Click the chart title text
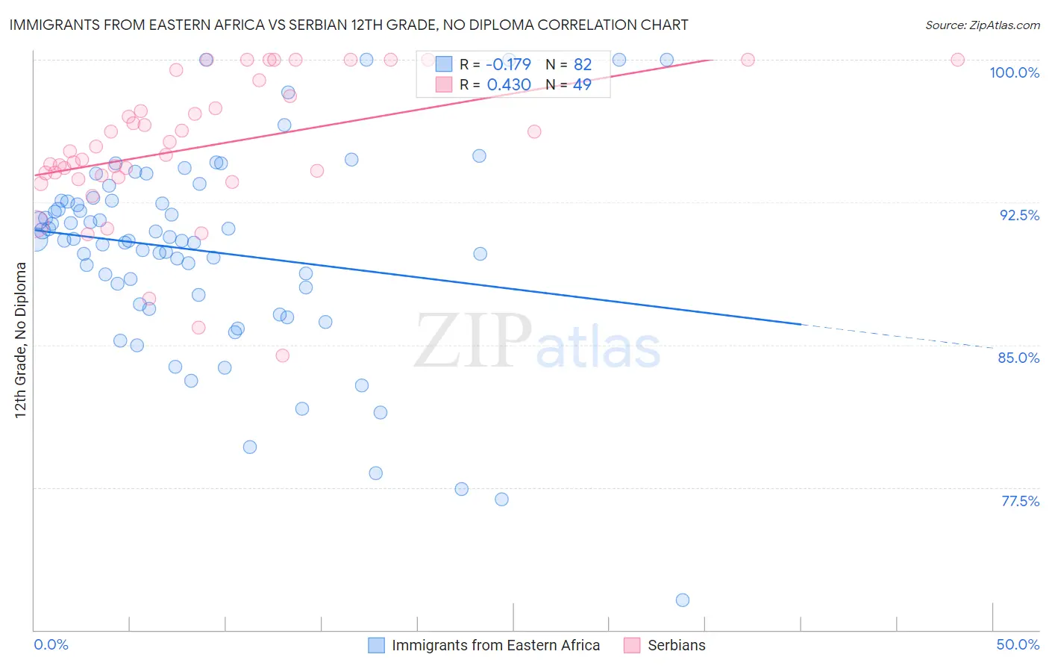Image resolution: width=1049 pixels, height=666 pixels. [348, 25]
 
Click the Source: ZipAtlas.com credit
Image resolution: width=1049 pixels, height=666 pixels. [982, 25]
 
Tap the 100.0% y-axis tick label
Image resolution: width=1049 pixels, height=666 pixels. [1014, 72]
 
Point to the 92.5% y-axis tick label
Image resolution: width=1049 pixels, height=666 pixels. [1019, 215]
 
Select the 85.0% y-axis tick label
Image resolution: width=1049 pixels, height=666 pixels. [1018, 358]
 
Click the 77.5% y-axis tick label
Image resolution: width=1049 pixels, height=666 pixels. [1020, 501]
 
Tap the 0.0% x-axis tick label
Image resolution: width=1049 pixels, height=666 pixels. [51, 644]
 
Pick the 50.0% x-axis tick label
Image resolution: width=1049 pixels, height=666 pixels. [1018, 644]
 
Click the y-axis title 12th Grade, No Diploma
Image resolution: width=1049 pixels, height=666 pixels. [21, 340]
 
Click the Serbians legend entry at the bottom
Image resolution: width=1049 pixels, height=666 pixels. [676, 645]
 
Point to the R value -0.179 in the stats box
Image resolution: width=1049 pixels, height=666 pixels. [508, 65]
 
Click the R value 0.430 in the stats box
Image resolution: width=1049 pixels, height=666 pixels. [509, 85]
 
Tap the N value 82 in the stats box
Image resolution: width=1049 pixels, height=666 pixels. [582, 65]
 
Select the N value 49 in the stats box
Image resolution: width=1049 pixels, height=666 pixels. [582, 85]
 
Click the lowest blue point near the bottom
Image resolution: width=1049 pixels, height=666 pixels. [682, 600]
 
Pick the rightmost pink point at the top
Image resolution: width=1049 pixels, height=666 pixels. [958, 60]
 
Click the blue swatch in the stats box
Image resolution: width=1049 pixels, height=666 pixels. [444, 64]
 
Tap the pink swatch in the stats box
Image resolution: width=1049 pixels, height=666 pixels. [444, 84]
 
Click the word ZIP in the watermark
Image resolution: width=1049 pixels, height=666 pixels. [473, 341]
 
